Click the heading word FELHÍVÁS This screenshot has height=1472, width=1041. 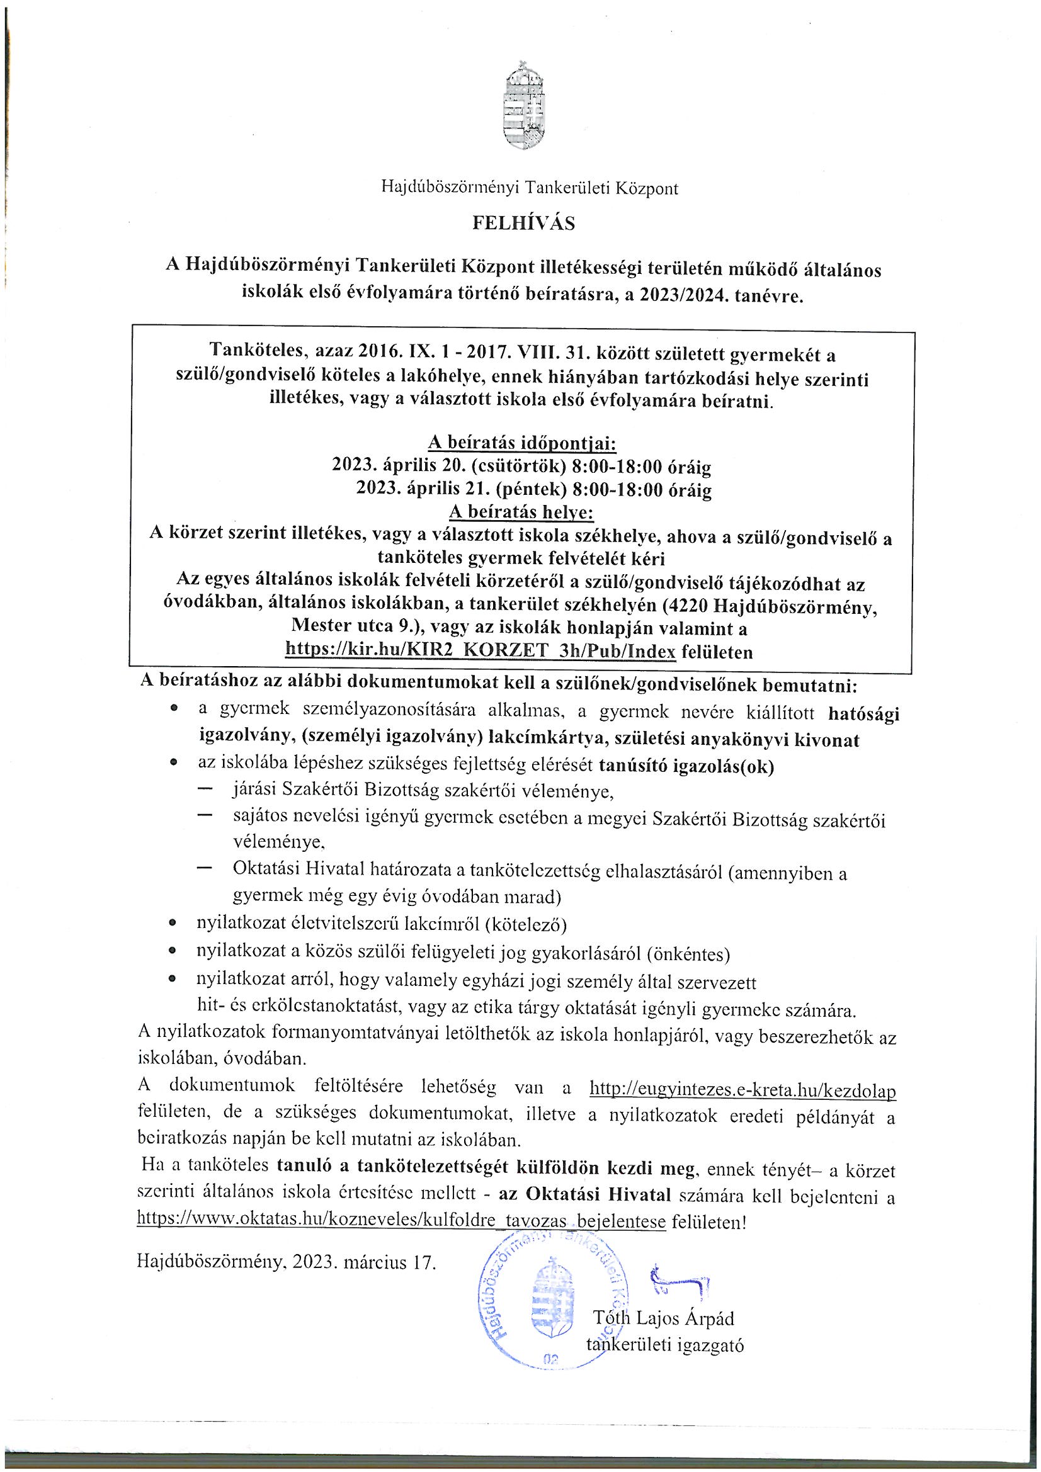pos(523,222)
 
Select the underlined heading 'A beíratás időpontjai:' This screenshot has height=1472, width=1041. pos(521,443)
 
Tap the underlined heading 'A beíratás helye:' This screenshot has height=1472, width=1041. pos(521,513)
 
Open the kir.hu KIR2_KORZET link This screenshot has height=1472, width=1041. pos(481,652)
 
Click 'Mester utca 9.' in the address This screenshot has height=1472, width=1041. pos(347,627)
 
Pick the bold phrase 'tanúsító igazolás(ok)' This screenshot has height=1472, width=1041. pos(686,766)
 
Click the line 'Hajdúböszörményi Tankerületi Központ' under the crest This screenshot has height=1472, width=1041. pos(529,188)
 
